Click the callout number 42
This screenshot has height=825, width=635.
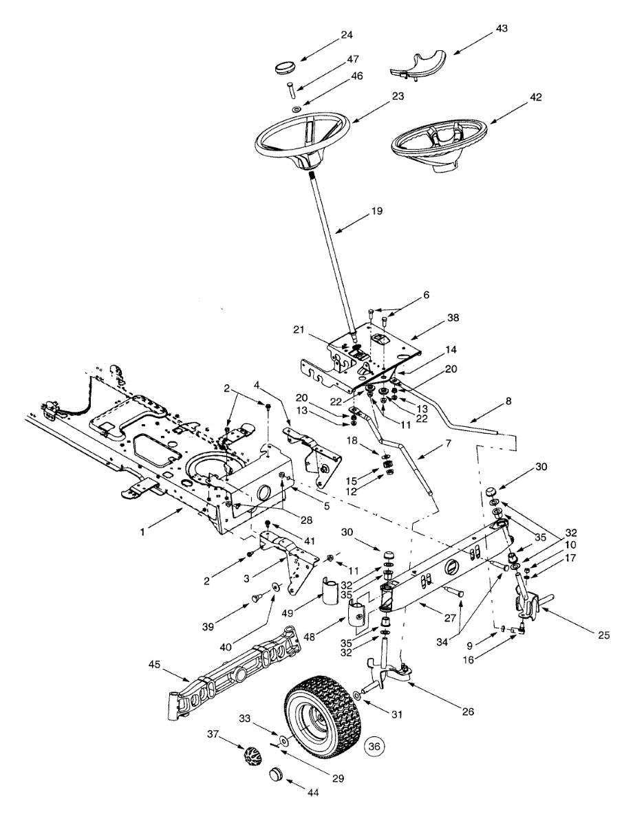tap(516, 97)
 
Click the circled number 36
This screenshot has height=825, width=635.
tap(374, 745)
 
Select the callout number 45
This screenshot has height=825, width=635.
tap(155, 665)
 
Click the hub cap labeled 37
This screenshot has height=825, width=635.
tap(250, 760)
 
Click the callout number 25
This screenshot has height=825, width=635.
tap(603, 635)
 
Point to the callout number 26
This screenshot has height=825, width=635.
tap(467, 712)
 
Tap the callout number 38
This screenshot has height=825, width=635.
tap(452, 318)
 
